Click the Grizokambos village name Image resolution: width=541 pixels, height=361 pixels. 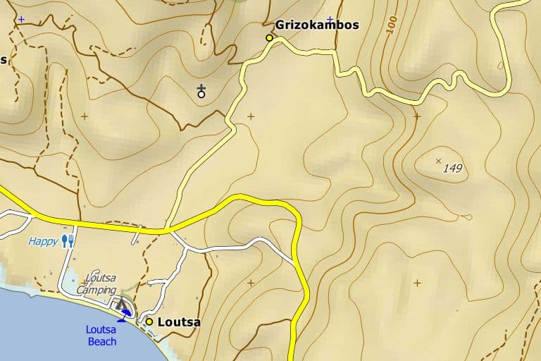(x=317, y=25)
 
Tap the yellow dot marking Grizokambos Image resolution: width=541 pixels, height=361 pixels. (x=269, y=37)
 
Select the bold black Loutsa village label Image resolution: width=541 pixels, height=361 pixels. (x=179, y=322)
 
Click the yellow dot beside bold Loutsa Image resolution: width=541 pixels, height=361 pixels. (x=149, y=322)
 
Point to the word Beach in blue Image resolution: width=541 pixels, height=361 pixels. (x=102, y=341)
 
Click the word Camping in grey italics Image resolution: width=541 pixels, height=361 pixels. (x=96, y=290)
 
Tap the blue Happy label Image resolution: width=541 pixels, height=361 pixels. (x=43, y=241)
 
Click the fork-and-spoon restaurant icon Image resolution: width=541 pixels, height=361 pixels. (x=68, y=241)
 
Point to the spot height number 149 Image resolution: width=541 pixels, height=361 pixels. (x=453, y=168)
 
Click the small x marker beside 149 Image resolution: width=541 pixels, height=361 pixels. (x=439, y=161)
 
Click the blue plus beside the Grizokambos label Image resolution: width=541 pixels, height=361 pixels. (x=329, y=19)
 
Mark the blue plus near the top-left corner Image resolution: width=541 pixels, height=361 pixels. (x=21, y=19)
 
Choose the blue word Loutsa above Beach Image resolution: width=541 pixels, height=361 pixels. (x=101, y=329)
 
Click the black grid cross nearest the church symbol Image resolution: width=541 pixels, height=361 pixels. (x=251, y=116)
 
